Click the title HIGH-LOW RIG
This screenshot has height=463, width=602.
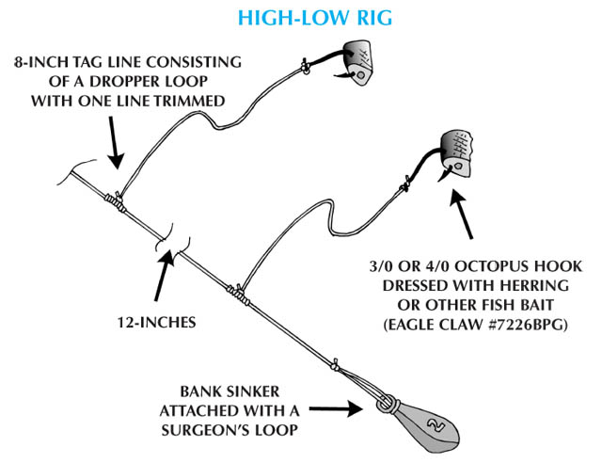300,19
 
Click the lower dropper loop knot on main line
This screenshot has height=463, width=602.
241,295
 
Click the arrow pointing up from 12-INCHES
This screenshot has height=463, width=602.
163,277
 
